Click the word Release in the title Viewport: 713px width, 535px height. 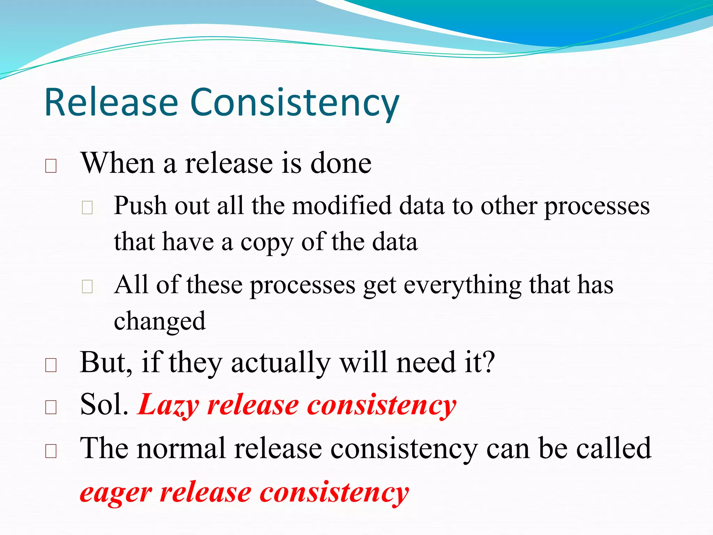pos(111,103)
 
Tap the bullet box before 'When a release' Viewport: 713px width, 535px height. pos(51,166)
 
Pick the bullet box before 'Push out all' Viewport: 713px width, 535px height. pos(87,208)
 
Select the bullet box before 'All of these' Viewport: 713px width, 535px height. pos(87,287)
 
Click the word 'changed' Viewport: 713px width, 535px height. pos(160,321)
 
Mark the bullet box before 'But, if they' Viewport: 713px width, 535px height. pos(51,365)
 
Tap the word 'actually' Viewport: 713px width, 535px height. pos(280,363)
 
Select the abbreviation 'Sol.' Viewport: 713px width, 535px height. pos(104,405)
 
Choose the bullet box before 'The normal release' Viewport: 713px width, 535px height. pos(51,451)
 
